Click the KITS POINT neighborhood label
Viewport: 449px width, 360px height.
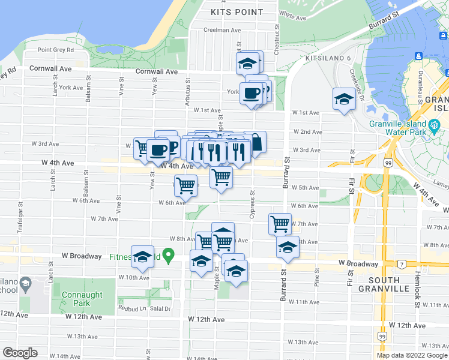tap(237, 11)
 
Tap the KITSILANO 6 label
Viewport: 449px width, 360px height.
tap(328, 58)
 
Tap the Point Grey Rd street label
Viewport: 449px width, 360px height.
tap(55, 50)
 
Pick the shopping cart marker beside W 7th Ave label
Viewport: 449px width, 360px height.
tap(280, 224)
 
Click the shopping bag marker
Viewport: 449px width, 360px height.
tap(255, 143)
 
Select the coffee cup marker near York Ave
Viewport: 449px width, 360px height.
tap(251, 94)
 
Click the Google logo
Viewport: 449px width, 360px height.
tap(20, 353)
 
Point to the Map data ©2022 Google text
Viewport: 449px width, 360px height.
tap(411, 355)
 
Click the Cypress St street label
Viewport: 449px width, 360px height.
tap(253, 205)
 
